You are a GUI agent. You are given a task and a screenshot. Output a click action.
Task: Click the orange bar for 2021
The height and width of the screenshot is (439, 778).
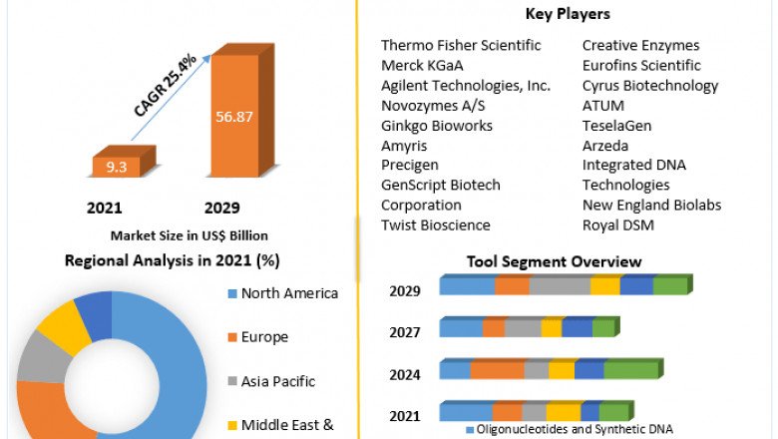click(x=117, y=167)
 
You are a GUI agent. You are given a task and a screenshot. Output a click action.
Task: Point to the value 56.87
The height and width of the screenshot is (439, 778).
click(x=234, y=116)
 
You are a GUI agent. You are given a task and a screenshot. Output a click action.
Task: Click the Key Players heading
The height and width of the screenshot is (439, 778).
click(x=567, y=14)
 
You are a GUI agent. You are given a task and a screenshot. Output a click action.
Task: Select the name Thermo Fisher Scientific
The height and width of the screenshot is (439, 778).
click(x=461, y=45)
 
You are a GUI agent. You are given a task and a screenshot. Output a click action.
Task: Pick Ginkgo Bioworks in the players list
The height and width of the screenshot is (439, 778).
click(x=437, y=125)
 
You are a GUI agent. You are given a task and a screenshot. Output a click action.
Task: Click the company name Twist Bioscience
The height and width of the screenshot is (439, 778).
click(x=436, y=224)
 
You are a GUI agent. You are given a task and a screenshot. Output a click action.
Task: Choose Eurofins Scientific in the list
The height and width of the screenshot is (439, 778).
click(x=641, y=65)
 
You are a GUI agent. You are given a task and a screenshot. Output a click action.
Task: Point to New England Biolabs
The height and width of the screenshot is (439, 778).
click(x=651, y=205)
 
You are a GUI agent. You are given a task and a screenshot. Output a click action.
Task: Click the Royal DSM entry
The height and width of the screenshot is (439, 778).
click(x=618, y=224)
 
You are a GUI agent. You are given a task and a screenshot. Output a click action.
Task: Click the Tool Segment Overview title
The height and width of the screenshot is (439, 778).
click(x=554, y=261)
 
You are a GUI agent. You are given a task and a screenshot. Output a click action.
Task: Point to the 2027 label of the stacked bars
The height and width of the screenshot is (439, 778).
click(x=405, y=332)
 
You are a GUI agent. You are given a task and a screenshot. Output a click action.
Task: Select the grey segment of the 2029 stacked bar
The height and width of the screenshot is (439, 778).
click(x=559, y=286)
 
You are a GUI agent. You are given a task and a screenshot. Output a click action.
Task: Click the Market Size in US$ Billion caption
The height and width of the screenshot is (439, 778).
click(x=190, y=235)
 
